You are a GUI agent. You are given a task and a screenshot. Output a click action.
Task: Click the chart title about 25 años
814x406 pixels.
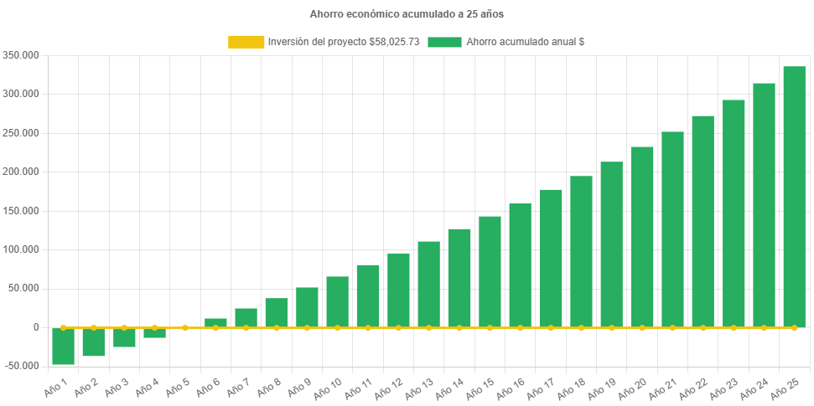407,14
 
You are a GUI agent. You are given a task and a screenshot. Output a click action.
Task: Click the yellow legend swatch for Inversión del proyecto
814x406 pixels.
246,42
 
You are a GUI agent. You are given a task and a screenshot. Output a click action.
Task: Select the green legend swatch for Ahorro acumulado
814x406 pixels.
444,42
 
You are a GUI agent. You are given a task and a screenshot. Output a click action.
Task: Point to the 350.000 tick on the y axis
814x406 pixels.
23,55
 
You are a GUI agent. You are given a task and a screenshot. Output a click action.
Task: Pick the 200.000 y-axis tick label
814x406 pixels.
23,172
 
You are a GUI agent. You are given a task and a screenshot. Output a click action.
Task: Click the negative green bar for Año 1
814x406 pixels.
63,347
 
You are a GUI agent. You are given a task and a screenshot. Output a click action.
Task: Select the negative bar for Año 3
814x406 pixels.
124,337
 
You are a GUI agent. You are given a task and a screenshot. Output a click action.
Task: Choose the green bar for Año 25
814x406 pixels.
794,197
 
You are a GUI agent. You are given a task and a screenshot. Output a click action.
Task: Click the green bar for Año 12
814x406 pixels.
398,290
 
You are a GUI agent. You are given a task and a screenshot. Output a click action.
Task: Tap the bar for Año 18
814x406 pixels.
581,251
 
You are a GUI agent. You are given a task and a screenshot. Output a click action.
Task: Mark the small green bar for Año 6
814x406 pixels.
215,322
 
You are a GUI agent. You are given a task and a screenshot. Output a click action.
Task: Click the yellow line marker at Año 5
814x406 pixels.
185,327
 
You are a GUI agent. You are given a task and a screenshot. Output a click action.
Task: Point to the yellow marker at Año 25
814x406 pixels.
794,327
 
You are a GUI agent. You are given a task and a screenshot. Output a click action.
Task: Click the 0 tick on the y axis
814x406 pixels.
36,327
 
